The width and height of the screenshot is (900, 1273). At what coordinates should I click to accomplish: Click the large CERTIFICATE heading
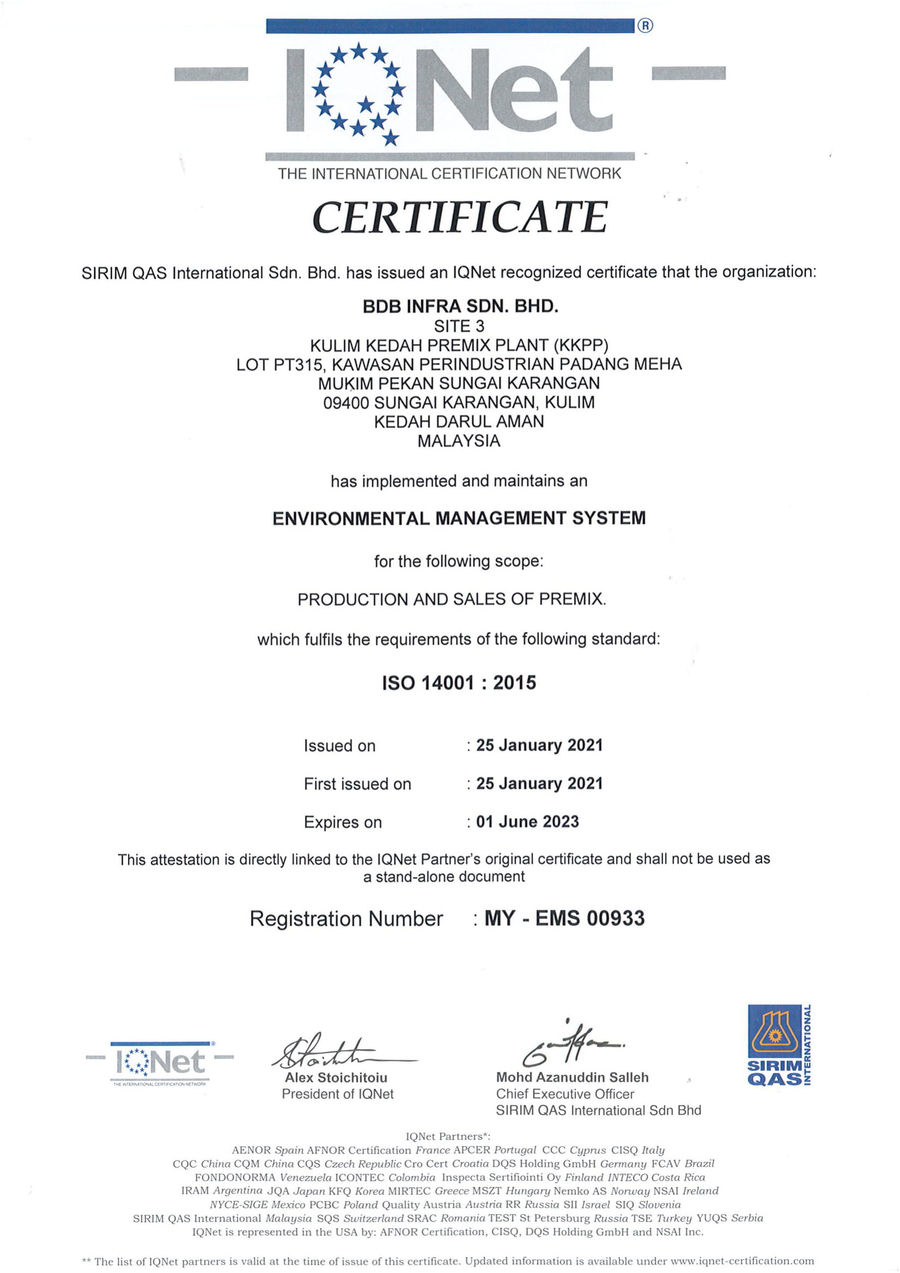pos(460,217)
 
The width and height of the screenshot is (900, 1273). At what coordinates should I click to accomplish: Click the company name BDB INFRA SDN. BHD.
pos(460,306)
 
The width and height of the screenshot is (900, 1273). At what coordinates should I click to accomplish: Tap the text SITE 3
pos(459,326)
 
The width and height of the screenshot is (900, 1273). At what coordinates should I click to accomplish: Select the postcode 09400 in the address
pos(347,403)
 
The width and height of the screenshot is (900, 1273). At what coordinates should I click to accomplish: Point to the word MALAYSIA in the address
pos(458,441)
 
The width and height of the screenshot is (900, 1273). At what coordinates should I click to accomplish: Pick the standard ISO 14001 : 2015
pos(459,682)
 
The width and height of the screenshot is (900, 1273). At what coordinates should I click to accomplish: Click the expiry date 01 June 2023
pos(528,822)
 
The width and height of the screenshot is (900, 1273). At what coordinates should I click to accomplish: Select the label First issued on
pos(358,784)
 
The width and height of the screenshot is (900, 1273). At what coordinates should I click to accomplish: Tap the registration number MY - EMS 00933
pos(565,918)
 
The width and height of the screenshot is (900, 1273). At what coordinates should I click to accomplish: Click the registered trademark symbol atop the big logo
pos(646,26)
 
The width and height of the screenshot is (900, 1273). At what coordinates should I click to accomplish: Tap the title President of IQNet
pos(338,1094)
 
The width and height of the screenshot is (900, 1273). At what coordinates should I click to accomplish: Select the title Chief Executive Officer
pos(565,1094)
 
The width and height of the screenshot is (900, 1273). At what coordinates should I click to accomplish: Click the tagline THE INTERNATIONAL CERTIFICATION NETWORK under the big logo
pos(450,174)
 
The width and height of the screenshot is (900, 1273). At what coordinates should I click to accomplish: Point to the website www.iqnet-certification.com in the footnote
pos(742,1262)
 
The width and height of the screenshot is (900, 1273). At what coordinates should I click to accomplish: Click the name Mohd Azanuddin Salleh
pos(572,1077)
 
